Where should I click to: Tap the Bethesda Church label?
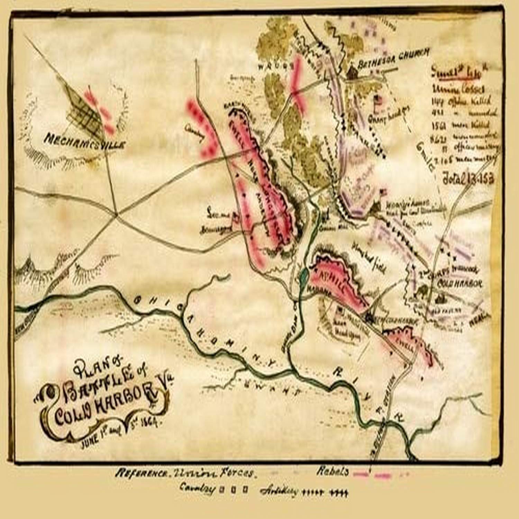[x=393, y=59]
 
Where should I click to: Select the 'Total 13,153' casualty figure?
[x=468, y=179]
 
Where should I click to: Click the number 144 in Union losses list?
[x=437, y=102]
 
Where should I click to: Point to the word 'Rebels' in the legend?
[x=332, y=471]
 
